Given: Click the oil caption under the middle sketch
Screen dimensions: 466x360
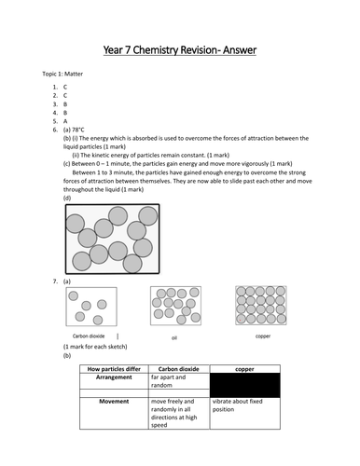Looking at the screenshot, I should [x=173, y=337].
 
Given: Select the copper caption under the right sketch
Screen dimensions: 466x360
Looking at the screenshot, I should [x=262, y=334].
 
